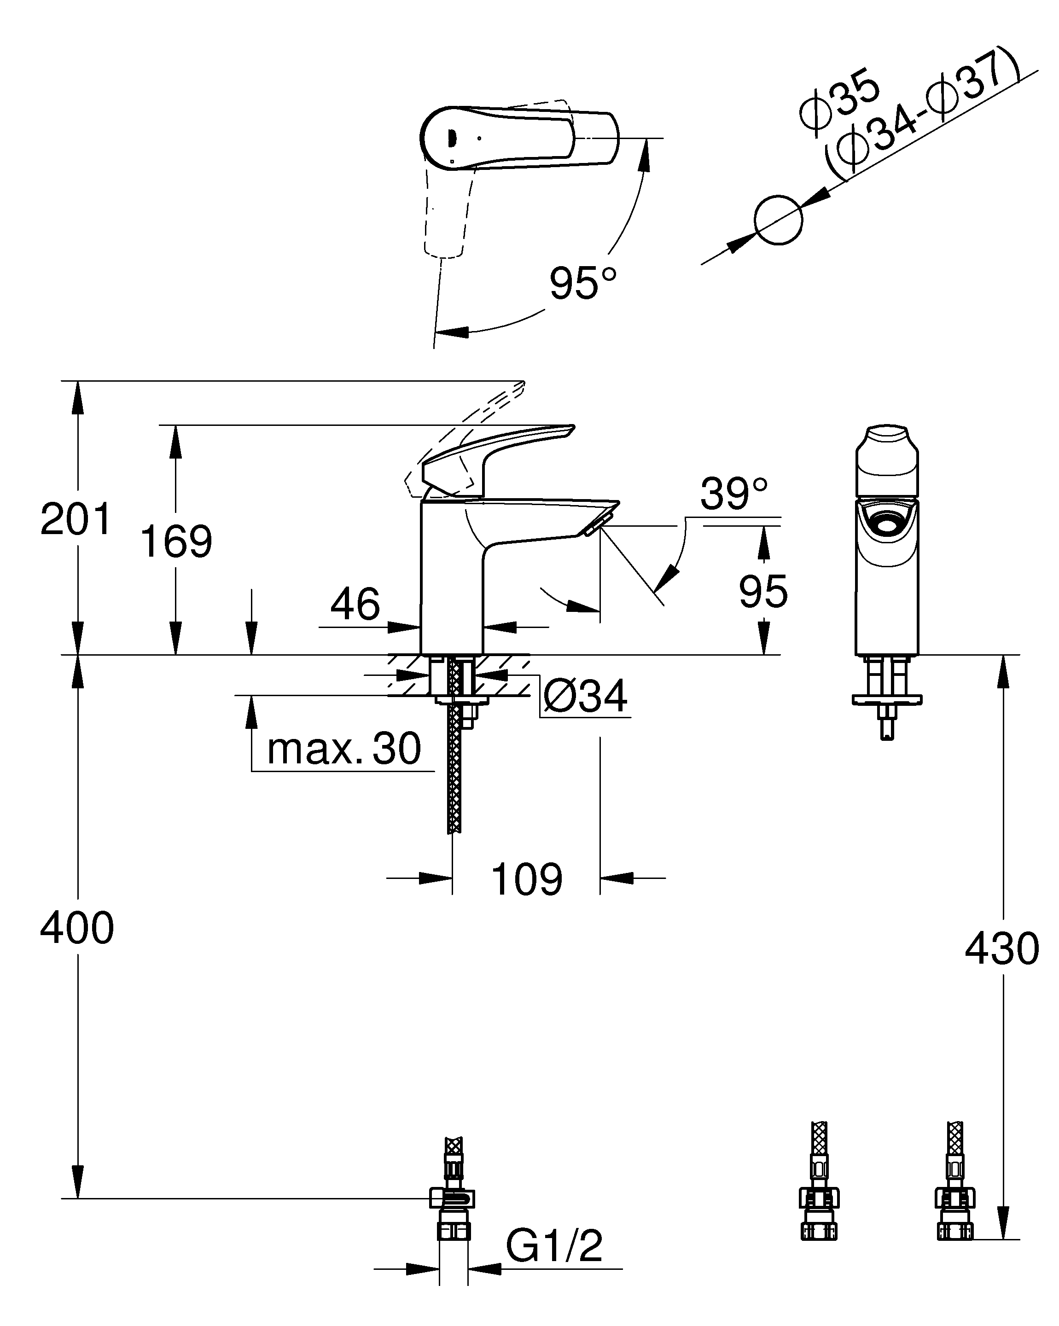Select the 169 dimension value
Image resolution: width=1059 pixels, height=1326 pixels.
click(176, 541)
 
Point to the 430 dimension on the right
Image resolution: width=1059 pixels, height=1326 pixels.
click(1002, 948)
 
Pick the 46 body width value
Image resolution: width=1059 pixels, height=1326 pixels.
click(355, 604)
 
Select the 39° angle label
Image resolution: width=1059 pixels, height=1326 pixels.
click(733, 493)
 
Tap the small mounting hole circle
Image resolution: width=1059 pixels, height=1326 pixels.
click(778, 220)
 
